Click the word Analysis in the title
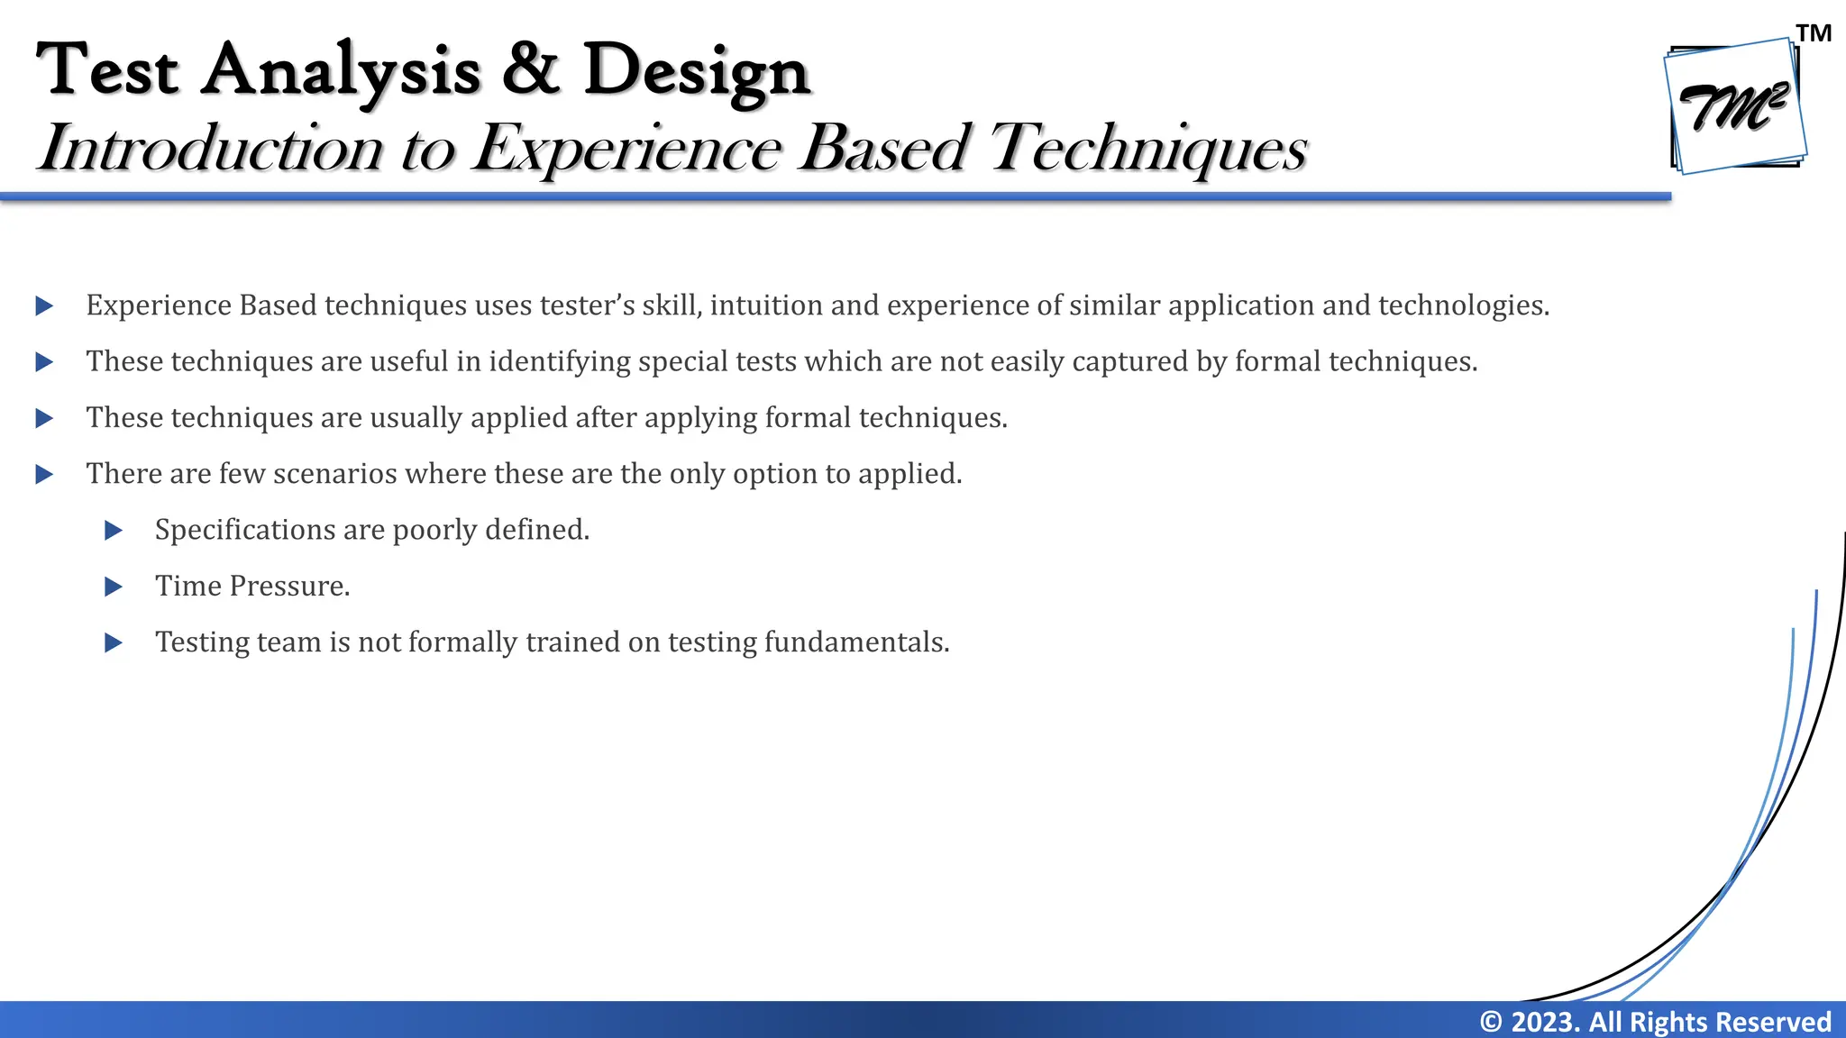341,70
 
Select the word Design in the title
697,70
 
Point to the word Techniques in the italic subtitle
1147,148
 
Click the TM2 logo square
1735,106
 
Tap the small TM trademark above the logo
1814,34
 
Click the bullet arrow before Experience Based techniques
44,306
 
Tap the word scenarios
334,474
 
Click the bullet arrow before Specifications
114,531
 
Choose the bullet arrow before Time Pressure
114,587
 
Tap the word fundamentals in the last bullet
856,642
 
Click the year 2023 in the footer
1545,1022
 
